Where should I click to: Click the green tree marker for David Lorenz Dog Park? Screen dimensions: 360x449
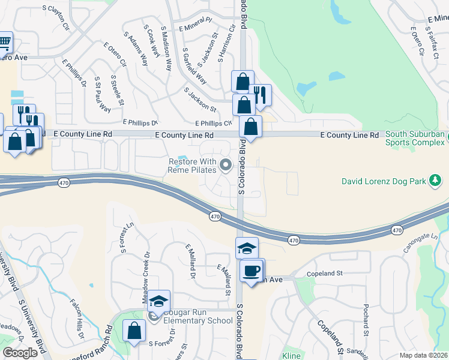click(x=436, y=181)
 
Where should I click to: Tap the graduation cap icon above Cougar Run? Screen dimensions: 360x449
click(x=159, y=301)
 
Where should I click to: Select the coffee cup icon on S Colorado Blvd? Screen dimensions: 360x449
click(x=250, y=270)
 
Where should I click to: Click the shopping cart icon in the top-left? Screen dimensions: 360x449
click(x=4, y=42)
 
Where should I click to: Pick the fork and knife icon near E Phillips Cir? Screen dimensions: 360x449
click(x=260, y=95)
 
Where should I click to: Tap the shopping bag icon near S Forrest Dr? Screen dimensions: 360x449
click(x=134, y=331)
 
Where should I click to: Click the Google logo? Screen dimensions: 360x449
click(x=20, y=353)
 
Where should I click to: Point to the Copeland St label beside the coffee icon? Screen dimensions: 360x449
click(x=326, y=273)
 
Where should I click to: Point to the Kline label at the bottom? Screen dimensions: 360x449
click(x=292, y=355)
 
